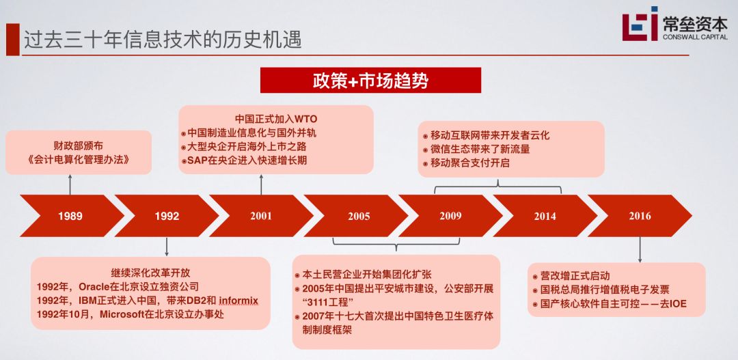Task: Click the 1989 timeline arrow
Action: click(70, 216)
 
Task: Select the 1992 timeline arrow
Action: click(167, 216)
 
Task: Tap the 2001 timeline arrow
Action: click(261, 216)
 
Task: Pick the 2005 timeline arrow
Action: click(358, 216)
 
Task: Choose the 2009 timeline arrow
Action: click(450, 216)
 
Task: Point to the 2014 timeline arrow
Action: click(545, 216)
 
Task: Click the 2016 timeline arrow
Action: click(640, 216)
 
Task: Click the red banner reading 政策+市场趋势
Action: click(370, 81)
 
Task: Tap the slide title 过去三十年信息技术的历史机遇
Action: click(163, 39)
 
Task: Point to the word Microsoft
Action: click(126, 314)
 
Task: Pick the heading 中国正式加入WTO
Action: click(276, 117)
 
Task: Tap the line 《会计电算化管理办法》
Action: click(70, 161)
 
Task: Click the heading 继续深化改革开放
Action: click(150, 272)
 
